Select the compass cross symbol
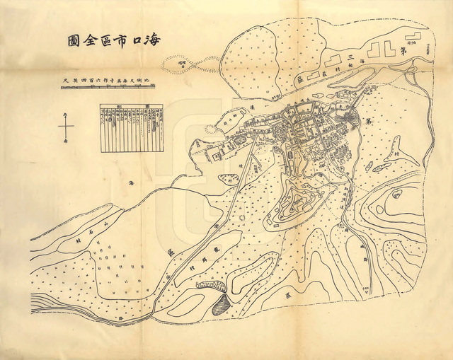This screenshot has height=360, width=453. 66,127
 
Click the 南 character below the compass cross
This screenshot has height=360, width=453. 66,142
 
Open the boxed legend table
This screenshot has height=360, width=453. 131,128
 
